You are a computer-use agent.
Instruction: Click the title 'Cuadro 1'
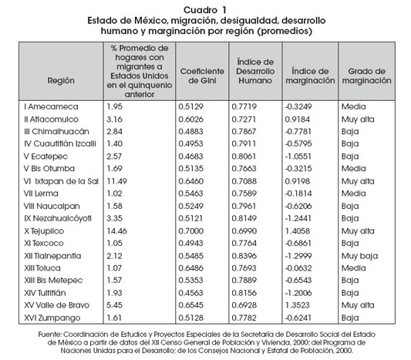[204, 10]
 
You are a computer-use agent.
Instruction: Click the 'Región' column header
[61, 80]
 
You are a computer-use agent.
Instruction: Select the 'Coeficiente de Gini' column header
[202, 76]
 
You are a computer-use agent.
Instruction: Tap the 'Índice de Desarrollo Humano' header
[255, 71]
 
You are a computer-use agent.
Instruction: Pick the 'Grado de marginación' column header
[366, 76]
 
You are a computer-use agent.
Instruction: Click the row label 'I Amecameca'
[51, 106]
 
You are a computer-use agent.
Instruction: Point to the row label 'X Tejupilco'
[44, 231]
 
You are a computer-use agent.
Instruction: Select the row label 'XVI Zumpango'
[52, 318]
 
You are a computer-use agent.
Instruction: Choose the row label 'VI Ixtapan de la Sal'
[61, 181]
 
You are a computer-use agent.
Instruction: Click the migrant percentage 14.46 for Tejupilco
[116, 231]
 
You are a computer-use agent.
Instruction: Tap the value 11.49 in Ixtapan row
[116, 181]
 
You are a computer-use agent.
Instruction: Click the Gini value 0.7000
[190, 231]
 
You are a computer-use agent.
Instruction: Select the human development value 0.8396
[244, 256]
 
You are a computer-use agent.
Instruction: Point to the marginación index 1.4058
[297, 231]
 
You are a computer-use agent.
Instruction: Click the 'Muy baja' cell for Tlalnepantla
[359, 256]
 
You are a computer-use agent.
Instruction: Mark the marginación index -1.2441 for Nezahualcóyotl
[298, 218]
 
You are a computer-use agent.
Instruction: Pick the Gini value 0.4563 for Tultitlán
[190, 293]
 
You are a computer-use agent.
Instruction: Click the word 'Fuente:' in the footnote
[50, 335]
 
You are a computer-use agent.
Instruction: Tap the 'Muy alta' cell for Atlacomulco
[358, 119]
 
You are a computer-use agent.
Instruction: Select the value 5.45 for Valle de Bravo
[114, 305]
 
